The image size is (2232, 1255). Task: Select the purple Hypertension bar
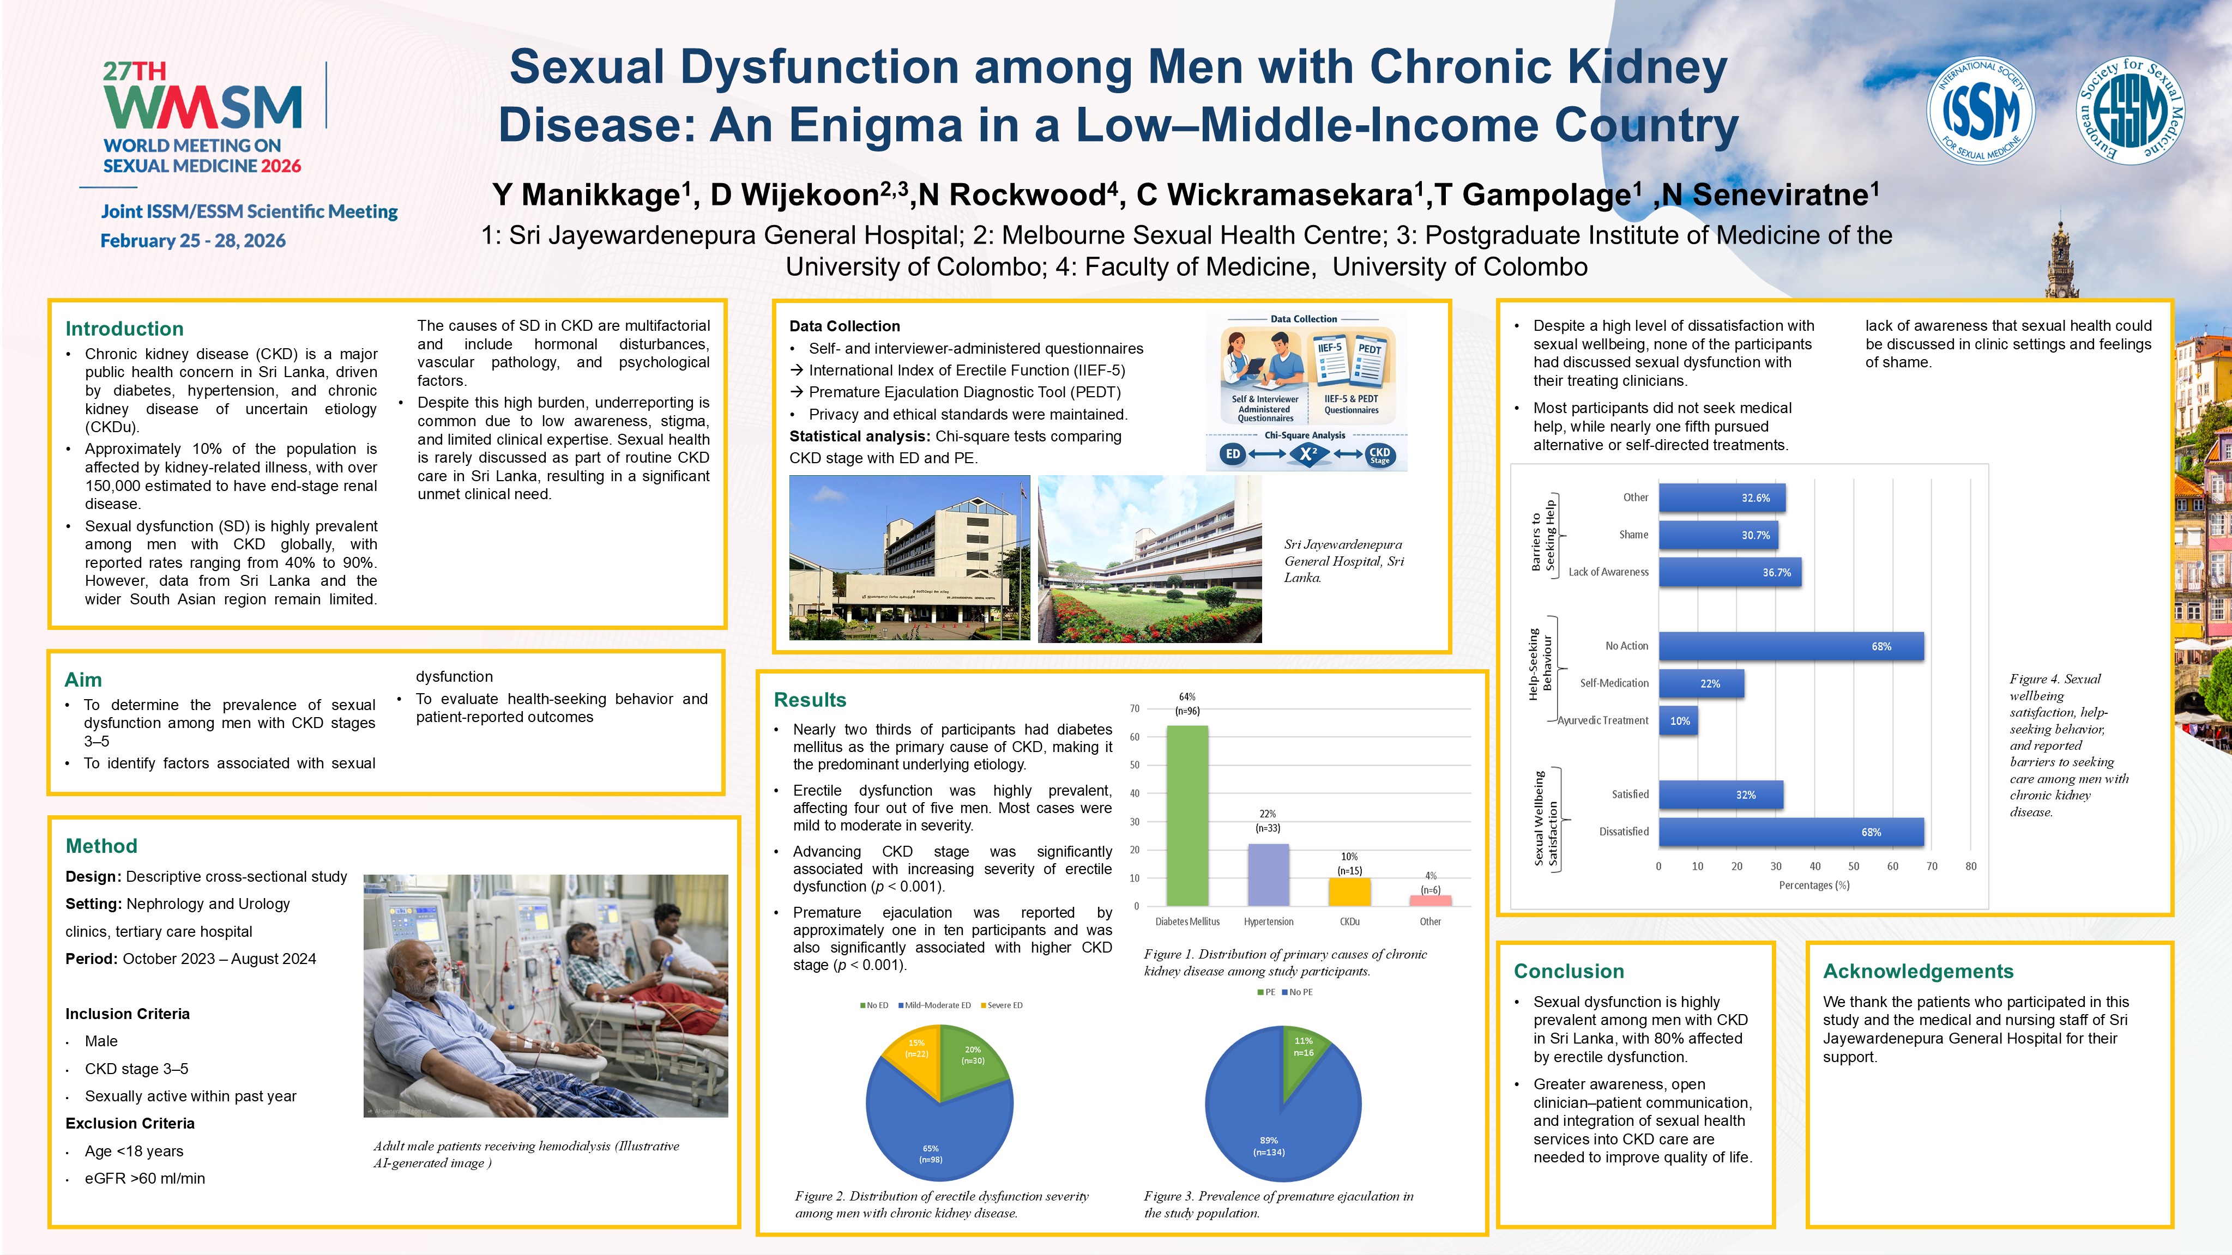click(1268, 875)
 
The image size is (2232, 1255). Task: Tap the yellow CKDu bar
click(1349, 892)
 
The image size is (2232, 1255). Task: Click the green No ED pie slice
click(970, 1061)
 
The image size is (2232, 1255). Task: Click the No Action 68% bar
click(1790, 647)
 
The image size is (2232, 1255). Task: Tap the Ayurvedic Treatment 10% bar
click(1678, 720)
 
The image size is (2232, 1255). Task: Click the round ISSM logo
click(1980, 110)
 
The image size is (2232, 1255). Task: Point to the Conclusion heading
click(1569, 972)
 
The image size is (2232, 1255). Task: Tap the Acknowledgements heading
click(1917, 972)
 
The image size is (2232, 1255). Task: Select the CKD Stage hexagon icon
click(1379, 454)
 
